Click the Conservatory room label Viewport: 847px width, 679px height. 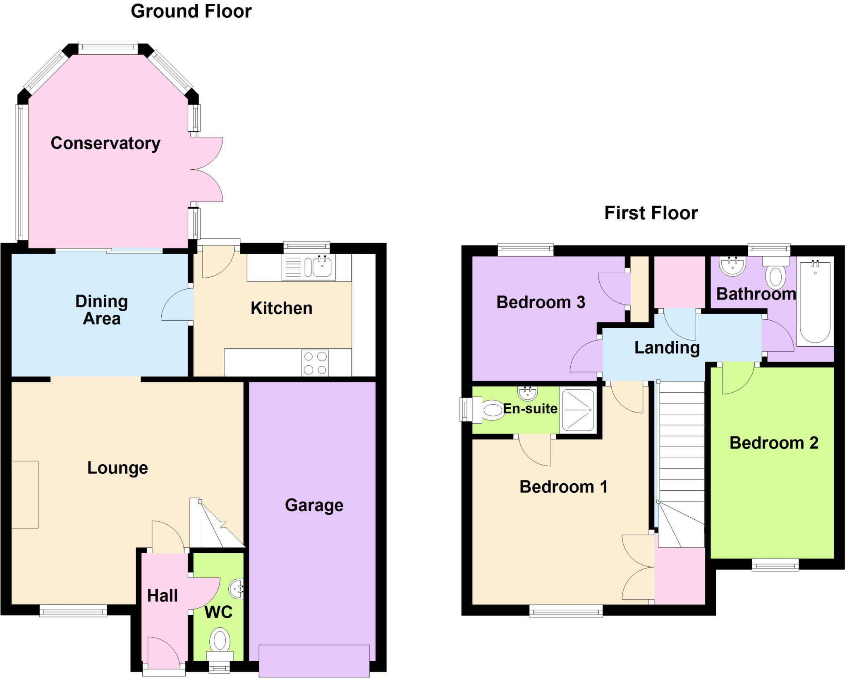tap(105, 143)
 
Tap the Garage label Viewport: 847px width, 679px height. tap(314, 505)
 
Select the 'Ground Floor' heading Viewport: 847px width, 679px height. tap(191, 11)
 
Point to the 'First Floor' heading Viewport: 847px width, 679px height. tap(651, 213)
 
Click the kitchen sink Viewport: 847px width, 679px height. tap(322, 266)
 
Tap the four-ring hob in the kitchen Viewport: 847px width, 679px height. tap(315, 363)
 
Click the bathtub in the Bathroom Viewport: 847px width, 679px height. tap(815, 302)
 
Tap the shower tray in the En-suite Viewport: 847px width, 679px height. tap(578, 410)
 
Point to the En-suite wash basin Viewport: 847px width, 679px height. tap(528, 393)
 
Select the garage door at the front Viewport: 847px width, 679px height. tap(314, 660)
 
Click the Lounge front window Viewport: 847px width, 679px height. tap(73, 611)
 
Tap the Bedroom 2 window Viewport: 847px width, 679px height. tap(775, 565)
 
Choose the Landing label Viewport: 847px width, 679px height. tap(667, 348)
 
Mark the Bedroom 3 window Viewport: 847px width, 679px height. tap(525, 250)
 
